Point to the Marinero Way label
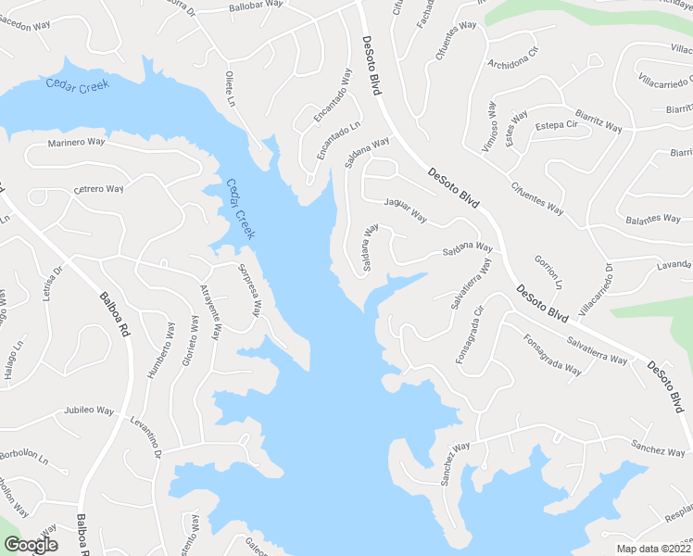[77, 143]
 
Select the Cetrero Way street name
[98, 189]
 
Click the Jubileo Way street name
[93, 410]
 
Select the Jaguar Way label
[405, 211]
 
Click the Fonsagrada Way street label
[552, 355]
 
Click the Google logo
[30, 544]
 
